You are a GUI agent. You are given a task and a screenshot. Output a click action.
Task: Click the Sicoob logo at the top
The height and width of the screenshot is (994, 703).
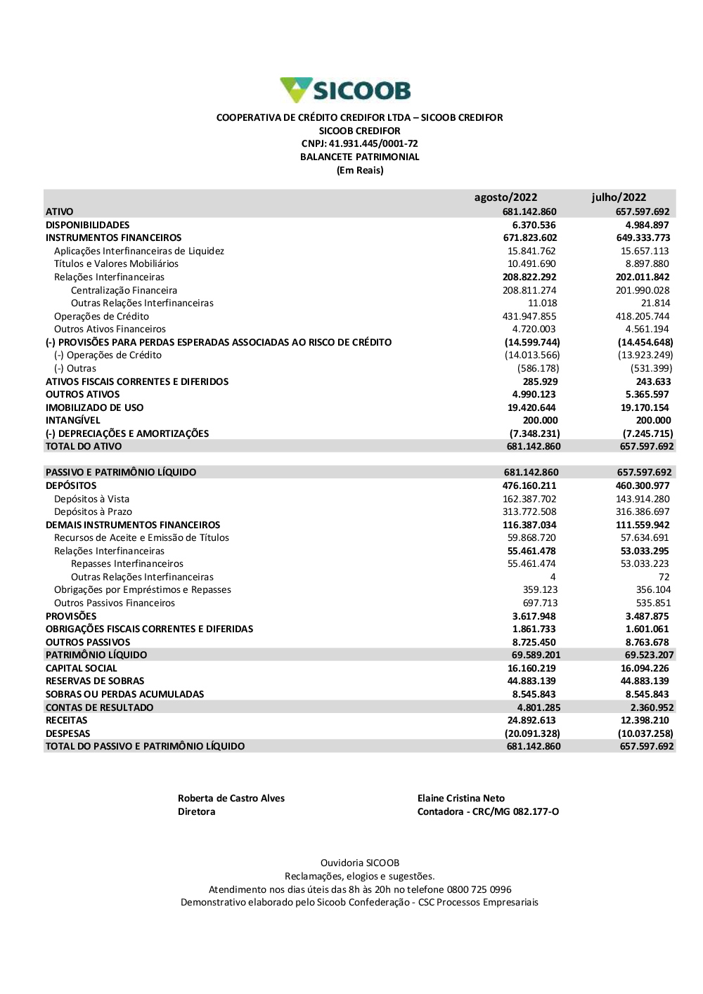pos(345,91)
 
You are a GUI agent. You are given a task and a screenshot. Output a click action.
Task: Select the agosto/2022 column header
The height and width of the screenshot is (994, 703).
pos(505,197)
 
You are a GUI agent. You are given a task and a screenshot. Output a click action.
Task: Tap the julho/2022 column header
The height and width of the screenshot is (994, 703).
pos(619,197)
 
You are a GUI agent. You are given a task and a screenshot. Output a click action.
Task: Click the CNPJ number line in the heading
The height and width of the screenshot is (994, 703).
pos(359,144)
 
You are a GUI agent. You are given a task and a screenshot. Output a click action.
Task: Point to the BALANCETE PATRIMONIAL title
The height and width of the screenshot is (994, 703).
pos(359,157)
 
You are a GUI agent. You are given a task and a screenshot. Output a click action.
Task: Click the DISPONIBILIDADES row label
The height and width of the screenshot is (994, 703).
pos(87,225)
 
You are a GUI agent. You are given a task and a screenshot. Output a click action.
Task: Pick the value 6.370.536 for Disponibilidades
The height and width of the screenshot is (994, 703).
pos(534,225)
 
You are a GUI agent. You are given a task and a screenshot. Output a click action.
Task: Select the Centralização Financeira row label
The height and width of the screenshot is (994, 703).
pos(124,290)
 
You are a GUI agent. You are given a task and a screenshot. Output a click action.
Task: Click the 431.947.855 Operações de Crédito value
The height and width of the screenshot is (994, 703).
pos(529,316)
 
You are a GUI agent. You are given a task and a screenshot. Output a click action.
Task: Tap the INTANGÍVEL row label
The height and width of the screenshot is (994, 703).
pos(72,420)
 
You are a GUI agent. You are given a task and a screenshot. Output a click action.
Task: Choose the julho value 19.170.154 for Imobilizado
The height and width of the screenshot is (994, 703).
pos(645,407)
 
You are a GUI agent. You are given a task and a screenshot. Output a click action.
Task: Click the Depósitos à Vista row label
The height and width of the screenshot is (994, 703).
pos(91,499)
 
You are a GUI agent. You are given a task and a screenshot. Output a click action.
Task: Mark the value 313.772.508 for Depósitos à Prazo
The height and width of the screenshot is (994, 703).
pos(529,512)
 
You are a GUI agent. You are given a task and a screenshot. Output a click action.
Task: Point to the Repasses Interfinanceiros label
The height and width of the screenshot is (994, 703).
pos(127,564)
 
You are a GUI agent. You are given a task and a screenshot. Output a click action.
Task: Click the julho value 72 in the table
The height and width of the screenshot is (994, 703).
pos(664,577)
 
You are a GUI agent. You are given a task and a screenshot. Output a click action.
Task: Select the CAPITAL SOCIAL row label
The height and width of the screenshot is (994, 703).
pos(81,668)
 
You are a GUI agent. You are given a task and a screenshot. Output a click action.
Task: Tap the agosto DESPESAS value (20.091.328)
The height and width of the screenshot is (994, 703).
pos(534,733)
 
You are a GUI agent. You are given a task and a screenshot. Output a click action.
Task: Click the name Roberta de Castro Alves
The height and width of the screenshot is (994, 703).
pos(231,798)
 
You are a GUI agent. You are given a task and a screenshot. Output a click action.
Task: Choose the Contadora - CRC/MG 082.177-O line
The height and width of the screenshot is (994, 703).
pos(488,811)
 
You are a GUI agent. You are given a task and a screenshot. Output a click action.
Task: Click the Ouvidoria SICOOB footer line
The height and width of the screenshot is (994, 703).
pos(359,863)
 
